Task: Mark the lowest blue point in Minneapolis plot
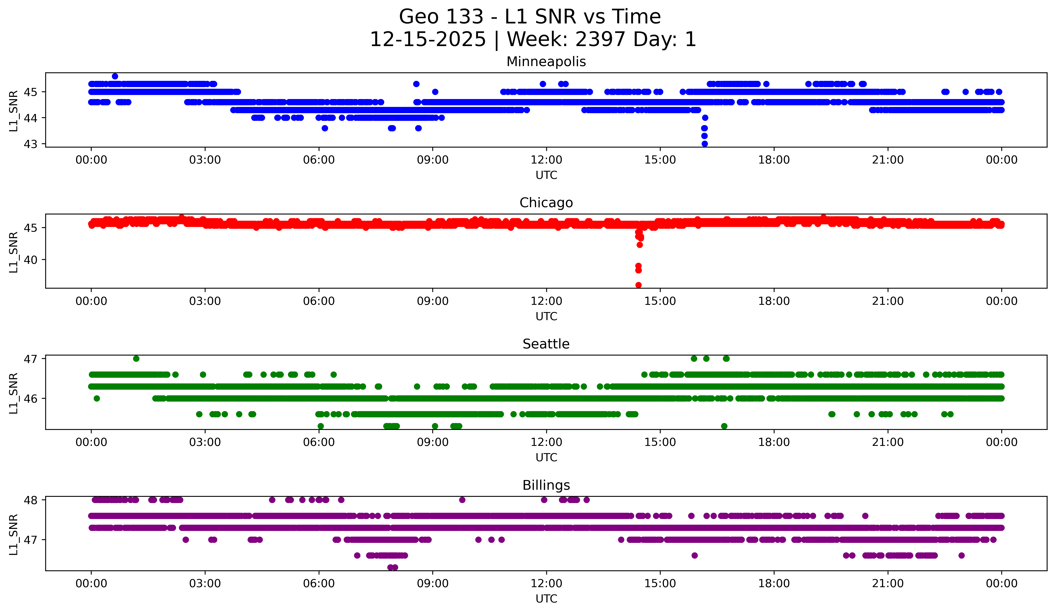point(705,144)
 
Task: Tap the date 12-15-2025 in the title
point(428,39)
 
